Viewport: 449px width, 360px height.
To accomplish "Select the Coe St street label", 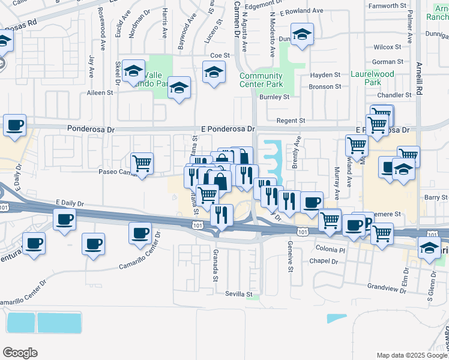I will tap(220, 55).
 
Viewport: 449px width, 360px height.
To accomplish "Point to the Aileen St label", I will tap(100, 93).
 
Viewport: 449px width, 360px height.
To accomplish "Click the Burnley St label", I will tap(275, 97).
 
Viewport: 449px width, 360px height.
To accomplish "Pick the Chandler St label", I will tap(394, 95).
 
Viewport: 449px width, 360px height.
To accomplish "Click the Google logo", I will tap(20, 353).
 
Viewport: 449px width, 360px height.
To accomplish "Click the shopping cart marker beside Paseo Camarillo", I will tap(142, 163).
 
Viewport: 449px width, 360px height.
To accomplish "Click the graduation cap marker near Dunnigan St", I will tap(302, 35).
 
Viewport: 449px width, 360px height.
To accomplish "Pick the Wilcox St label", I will tap(387, 47).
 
